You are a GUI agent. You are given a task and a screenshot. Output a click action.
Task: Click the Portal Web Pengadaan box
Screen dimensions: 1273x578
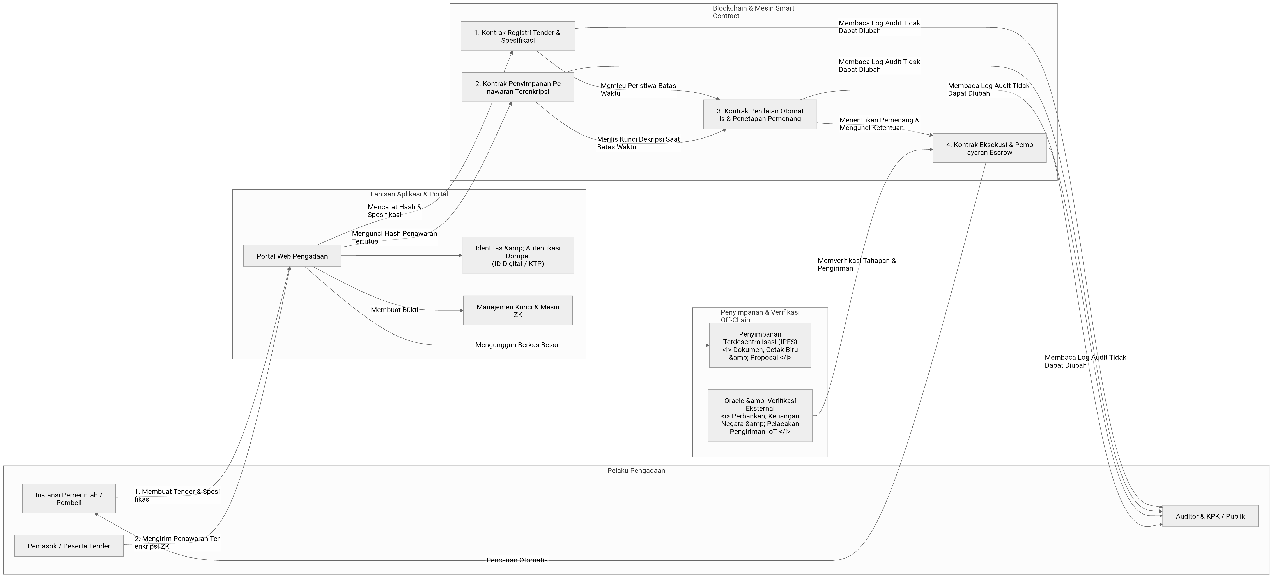click(x=292, y=256)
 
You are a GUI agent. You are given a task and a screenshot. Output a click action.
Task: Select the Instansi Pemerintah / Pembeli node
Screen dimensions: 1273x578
click(x=69, y=499)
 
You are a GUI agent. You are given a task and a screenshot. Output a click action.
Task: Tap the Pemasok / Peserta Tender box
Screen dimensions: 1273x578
click(x=69, y=546)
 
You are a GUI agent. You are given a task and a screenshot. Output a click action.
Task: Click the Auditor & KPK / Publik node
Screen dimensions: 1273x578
click(x=1210, y=516)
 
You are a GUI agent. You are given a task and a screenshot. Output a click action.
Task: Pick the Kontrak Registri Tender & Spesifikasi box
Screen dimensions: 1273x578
click(x=518, y=36)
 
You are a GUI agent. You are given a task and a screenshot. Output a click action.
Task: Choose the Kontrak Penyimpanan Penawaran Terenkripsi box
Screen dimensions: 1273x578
click(x=518, y=87)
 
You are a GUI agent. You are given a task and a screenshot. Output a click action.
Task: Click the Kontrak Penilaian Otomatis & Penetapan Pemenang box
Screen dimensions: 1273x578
click(x=760, y=115)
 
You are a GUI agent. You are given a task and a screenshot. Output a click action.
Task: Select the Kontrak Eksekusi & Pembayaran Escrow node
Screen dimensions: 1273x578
click(x=989, y=148)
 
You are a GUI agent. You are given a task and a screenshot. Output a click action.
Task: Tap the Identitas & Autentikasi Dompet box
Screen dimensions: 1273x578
click(x=518, y=256)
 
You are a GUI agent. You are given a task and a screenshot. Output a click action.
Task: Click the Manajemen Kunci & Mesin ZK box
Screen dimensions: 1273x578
click(x=518, y=311)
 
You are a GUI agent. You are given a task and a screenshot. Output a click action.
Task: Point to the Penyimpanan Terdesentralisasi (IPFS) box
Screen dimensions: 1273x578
click(x=760, y=345)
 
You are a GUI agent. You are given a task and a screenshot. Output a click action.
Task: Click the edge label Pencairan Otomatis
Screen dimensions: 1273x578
click(x=517, y=560)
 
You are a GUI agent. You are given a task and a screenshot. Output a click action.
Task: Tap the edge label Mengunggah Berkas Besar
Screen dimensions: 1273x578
click(x=517, y=345)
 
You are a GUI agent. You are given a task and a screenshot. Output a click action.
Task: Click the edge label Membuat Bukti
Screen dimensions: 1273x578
click(x=394, y=310)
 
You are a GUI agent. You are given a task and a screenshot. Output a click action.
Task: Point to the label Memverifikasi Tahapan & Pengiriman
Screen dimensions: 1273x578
click(x=856, y=264)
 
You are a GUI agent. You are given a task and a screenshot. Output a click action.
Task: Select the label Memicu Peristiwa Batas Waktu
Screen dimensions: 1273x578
click(x=638, y=89)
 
